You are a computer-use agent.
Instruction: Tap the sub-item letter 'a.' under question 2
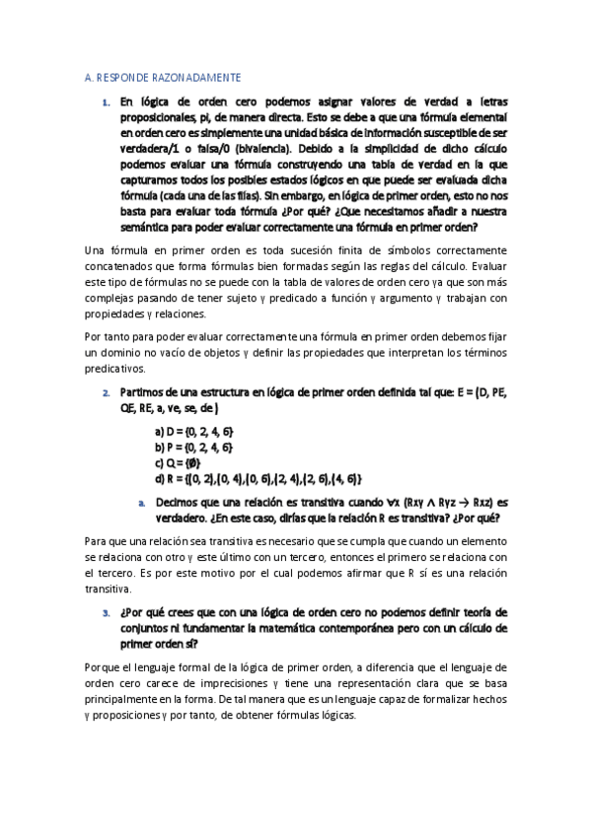pos(143,502)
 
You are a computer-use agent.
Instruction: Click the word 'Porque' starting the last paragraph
pos(102,668)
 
